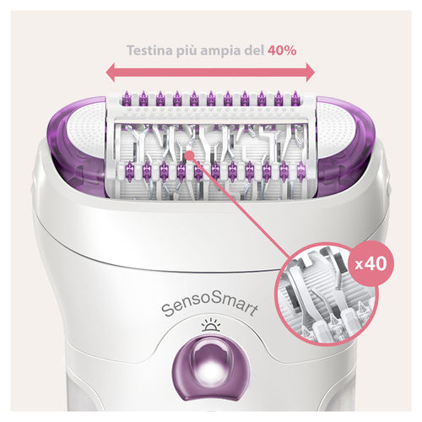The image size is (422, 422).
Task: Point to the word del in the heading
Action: (256, 50)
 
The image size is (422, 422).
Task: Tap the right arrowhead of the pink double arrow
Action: (313, 73)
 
